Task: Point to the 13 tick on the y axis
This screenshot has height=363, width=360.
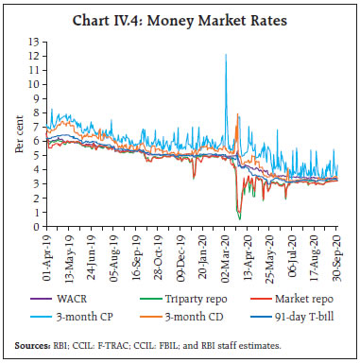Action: [38, 42]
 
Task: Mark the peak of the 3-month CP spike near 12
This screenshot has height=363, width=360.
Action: [225, 55]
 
